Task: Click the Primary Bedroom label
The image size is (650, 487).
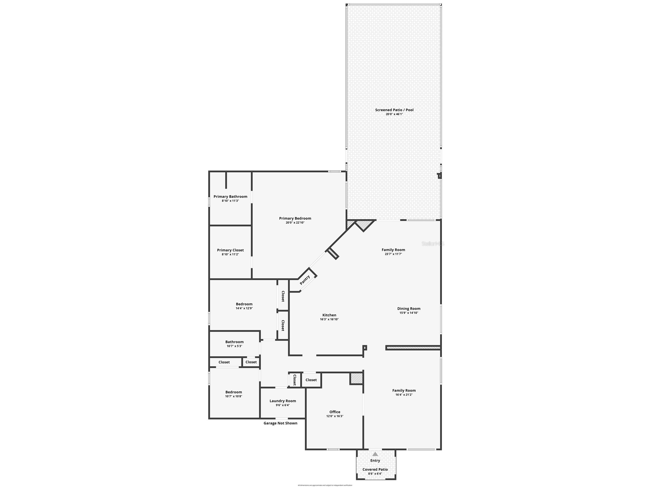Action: [x=295, y=218]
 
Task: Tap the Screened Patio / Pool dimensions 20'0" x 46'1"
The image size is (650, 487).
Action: [x=394, y=114]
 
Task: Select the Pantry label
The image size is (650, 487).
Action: [x=305, y=280]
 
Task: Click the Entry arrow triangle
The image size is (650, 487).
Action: [x=375, y=454]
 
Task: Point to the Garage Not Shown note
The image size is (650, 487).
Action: [x=280, y=423]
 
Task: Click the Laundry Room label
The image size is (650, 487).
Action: [x=283, y=401]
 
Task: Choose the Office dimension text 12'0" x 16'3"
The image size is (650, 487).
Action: [x=335, y=416]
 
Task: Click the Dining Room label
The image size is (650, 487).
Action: [x=409, y=308]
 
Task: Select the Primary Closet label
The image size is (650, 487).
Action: [x=230, y=250]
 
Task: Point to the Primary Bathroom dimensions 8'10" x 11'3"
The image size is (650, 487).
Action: [x=230, y=201]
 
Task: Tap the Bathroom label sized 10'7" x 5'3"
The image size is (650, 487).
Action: [x=234, y=342]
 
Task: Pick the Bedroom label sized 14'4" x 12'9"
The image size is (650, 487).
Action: [x=244, y=304]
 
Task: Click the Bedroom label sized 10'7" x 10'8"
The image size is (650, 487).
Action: [x=234, y=392]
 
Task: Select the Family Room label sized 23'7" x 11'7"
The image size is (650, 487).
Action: [x=393, y=250]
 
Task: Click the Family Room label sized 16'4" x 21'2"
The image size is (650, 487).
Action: [x=404, y=390]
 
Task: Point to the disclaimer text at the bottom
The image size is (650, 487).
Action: [x=325, y=485]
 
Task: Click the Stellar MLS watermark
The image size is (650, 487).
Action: [x=432, y=244]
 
